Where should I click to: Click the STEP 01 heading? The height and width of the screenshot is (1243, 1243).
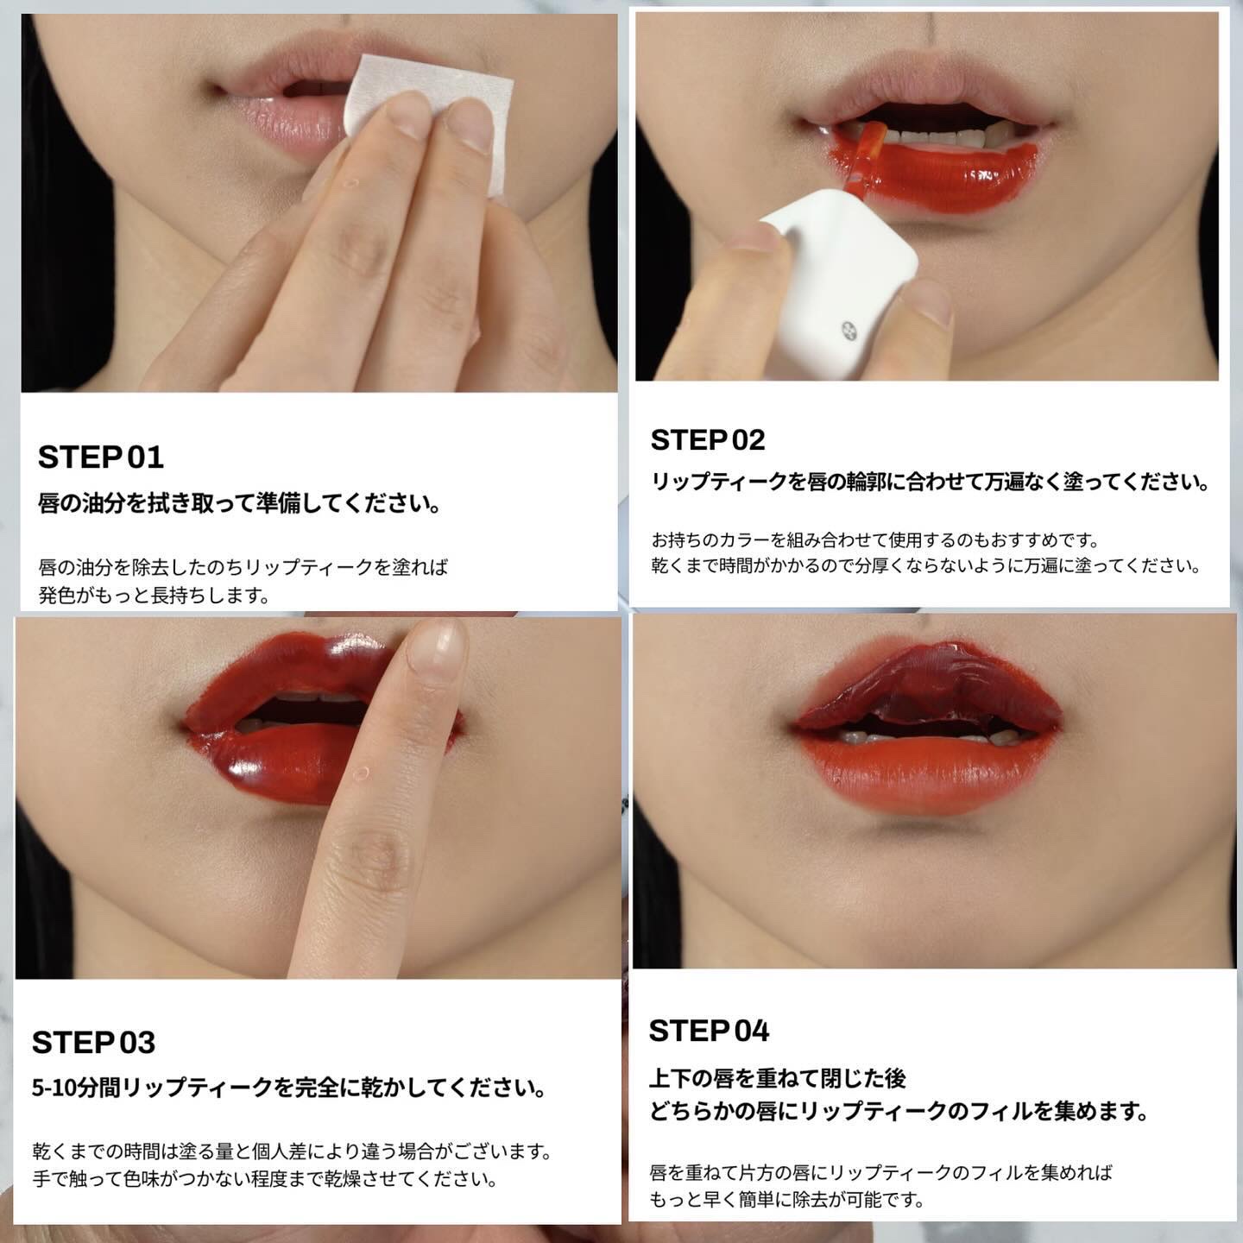101,457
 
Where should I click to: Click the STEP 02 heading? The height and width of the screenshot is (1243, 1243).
708,440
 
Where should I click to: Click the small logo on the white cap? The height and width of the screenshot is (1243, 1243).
849,331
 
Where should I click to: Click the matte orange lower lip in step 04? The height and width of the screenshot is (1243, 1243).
929,774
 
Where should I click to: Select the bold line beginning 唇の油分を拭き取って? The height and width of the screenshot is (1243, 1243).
238,503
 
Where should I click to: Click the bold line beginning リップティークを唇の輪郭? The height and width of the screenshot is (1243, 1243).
930,481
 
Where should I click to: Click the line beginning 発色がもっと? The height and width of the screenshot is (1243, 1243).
154,596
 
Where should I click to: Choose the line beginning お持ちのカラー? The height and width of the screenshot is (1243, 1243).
875,539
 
